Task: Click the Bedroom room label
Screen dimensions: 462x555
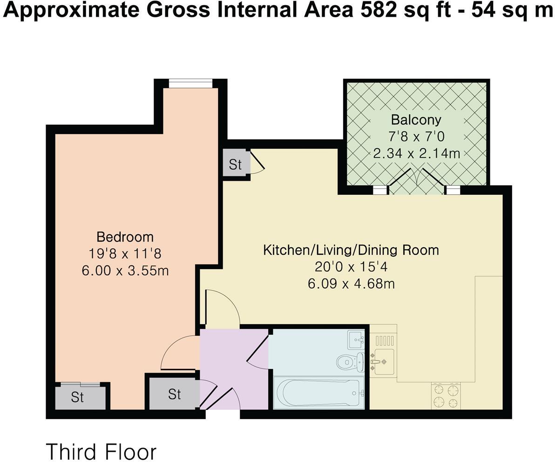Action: [125, 237]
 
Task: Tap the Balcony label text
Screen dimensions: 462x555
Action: [416, 120]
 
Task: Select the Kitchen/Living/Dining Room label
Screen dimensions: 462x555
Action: [351, 250]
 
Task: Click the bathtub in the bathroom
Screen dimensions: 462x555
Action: [319, 393]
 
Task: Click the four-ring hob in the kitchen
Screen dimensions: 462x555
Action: [446, 396]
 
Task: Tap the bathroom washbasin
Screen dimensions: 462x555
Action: [359, 340]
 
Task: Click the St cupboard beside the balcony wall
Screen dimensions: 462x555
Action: [236, 164]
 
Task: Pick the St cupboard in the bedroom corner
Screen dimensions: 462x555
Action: [77, 397]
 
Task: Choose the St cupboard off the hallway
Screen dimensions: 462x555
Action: [174, 394]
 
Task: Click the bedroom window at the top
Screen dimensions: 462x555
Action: [190, 83]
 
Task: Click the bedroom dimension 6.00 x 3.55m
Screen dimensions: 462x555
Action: [125, 270]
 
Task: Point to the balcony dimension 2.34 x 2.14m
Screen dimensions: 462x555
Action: [416, 153]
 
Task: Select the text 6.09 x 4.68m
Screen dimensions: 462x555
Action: [351, 283]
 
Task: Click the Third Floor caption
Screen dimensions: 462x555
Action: [101, 451]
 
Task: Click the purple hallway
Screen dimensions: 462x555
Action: [233, 368]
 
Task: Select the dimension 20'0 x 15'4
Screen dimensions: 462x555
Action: [351, 267]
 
